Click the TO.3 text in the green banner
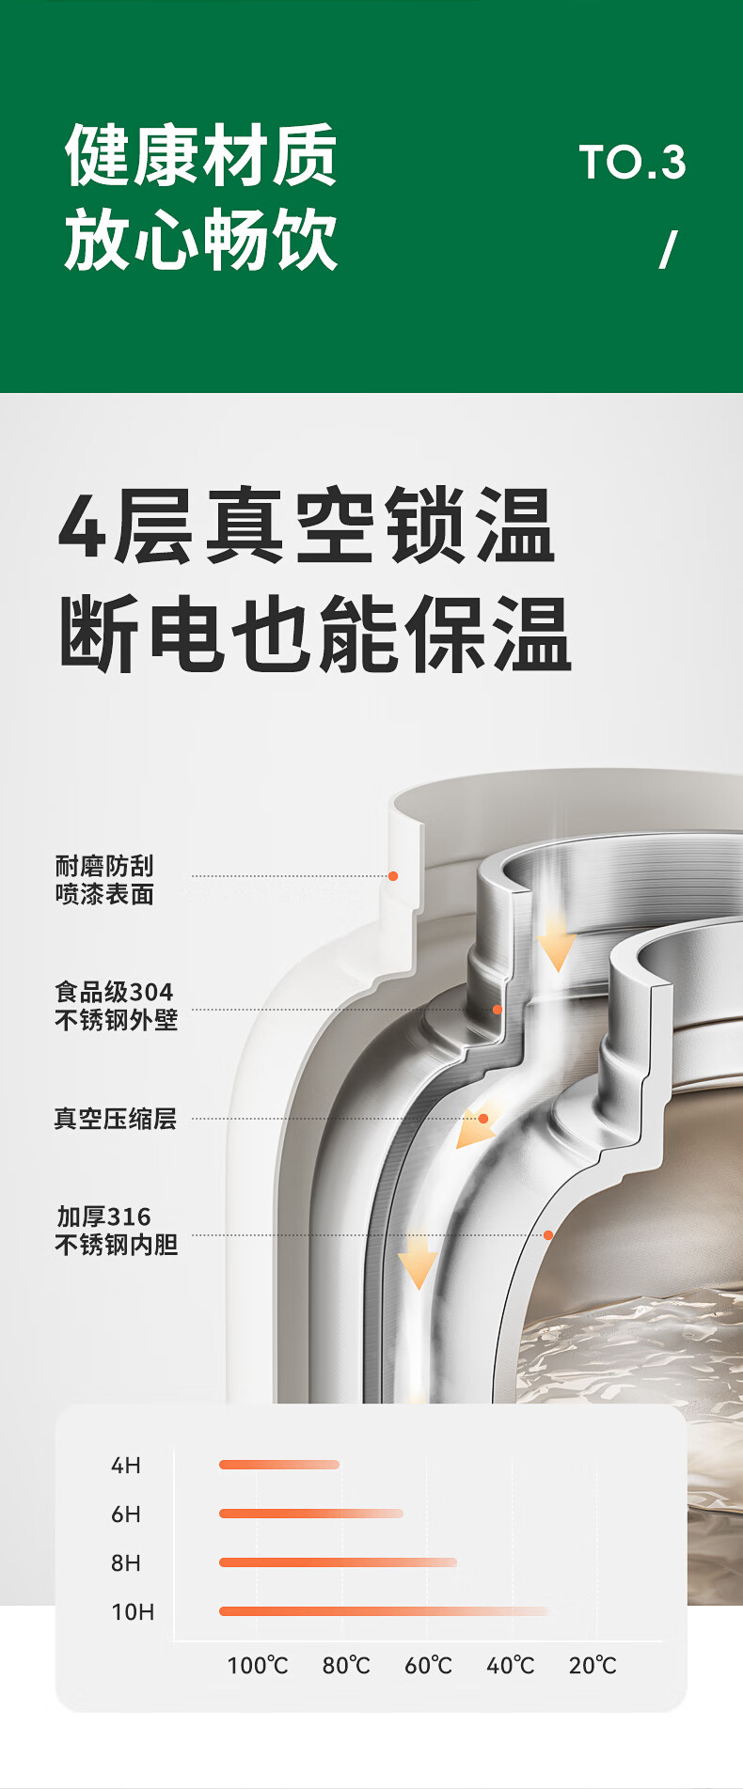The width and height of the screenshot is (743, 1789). coord(632,163)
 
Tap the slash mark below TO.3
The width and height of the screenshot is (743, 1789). coord(668,250)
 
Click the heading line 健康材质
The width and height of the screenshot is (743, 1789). coord(201,156)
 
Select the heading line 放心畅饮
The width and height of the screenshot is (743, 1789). coord(201,241)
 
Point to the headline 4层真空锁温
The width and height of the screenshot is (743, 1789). coord(307,526)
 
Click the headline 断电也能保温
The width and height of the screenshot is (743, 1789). coord(315,634)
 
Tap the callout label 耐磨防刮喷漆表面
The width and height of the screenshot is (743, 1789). coord(104,880)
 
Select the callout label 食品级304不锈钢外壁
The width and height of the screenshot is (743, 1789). coord(116,1006)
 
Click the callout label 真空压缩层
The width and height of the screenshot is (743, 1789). coord(115,1119)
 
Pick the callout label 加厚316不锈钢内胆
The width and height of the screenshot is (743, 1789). coord(116,1231)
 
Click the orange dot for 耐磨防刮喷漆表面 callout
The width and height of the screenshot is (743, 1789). coord(393,876)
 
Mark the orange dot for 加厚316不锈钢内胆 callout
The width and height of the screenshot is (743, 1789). coord(548,1235)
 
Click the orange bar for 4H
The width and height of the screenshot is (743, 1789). coord(278,1465)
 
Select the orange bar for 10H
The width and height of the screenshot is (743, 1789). coord(384,1611)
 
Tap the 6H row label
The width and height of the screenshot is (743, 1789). coord(126,1514)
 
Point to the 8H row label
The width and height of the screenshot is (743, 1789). coord(126,1563)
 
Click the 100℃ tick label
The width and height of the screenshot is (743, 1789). coord(258,1666)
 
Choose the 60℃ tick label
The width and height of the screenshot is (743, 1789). coord(428,1666)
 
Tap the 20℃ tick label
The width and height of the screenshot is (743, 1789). coord(593,1666)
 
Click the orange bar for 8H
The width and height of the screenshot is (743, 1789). coord(338,1562)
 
